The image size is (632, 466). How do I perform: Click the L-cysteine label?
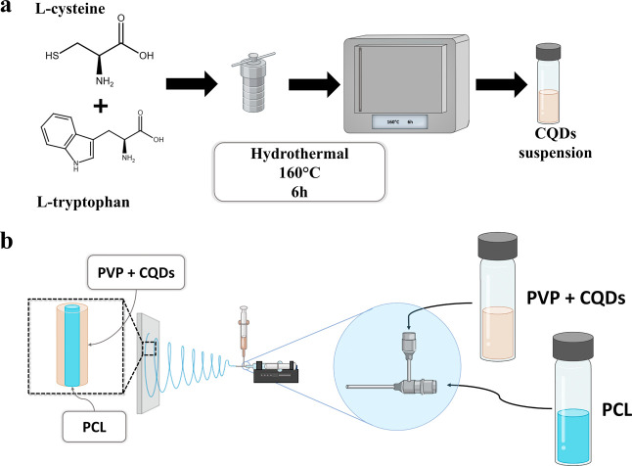pyautogui.click(x=70, y=9)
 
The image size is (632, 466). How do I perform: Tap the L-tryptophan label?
pyautogui.click(x=83, y=202)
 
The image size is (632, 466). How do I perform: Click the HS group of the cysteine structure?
pyautogui.click(x=52, y=55)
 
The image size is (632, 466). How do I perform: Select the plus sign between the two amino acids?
pyautogui.click(x=101, y=107)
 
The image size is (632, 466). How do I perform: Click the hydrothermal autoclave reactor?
pyautogui.click(x=252, y=82)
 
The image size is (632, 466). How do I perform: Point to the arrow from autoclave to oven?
pyautogui.click(x=314, y=84)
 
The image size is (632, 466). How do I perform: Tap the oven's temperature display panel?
pyautogui.click(x=399, y=121)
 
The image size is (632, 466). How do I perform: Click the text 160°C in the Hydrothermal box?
pyautogui.click(x=299, y=173)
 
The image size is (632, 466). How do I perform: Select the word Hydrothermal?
pyautogui.click(x=299, y=154)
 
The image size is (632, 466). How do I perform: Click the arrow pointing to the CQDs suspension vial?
pyautogui.click(x=502, y=84)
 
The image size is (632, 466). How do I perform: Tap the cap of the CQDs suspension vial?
pyautogui.click(x=548, y=52)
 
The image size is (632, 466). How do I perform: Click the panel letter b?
pyautogui.click(x=7, y=241)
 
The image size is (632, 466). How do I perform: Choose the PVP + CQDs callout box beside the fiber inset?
pyautogui.click(x=136, y=272)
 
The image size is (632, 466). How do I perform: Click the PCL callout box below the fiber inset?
pyautogui.click(x=94, y=427)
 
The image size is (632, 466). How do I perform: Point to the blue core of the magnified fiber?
pyautogui.click(x=72, y=346)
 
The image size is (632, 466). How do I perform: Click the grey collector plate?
pyautogui.click(x=148, y=363)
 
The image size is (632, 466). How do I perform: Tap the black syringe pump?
pyautogui.click(x=276, y=372)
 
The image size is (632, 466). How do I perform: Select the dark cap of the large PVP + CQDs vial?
pyautogui.click(x=497, y=246)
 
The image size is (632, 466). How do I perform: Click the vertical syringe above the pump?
pyautogui.click(x=244, y=333)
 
